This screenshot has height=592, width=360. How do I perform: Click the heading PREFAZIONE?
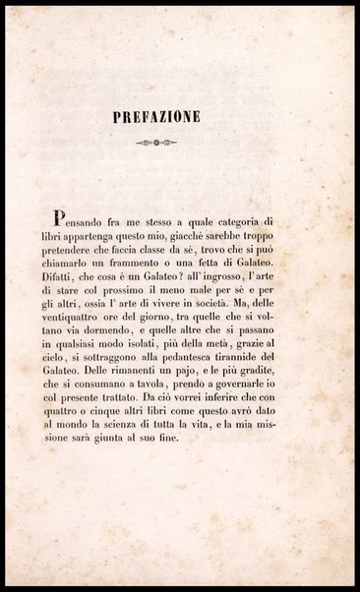(x=180, y=117)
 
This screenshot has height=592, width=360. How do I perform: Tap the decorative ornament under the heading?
(x=179, y=144)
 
